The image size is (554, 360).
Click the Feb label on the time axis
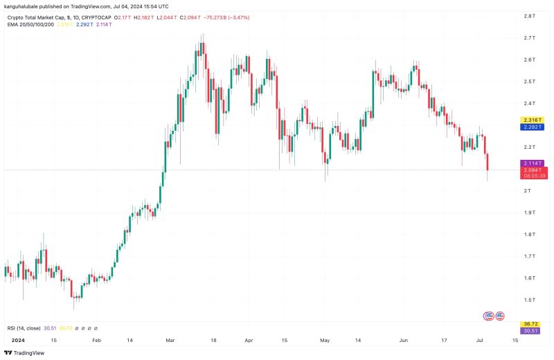click(x=96, y=341)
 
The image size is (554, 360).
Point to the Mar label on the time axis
click(x=171, y=341)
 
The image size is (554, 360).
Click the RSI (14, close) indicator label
click(x=23, y=328)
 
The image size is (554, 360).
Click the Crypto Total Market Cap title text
click(x=42, y=17)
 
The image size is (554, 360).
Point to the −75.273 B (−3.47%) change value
click(x=235, y=17)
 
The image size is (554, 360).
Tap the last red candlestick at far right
click(x=488, y=162)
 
